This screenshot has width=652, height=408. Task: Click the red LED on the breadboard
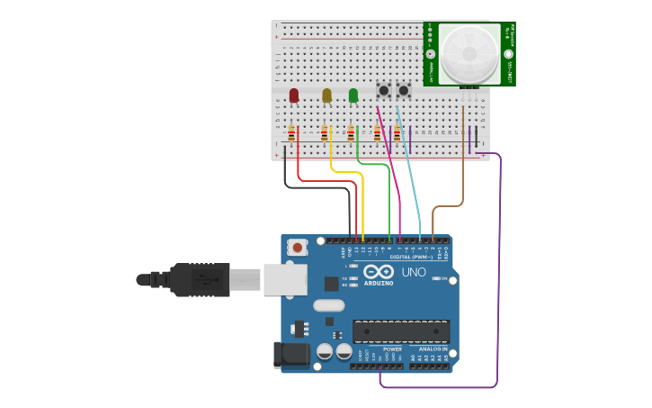pyautogui.click(x=294, y=95)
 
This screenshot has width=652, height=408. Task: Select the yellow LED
pyautogui.click(x=326, y=95)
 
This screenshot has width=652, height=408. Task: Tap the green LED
pyautogui.click(x=353, y=95)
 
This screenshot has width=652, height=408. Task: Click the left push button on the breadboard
pyautogui.click(x=384, y=90)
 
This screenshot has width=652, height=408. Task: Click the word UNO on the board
pyautogui.click(x=414, y=272)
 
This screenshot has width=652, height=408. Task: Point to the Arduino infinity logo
pyautogui.click(x=380, y=272)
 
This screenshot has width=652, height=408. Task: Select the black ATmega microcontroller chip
pyautogui.click(x=401, y=331)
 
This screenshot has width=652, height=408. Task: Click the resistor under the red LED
pyautogui.click(x=291, y=134)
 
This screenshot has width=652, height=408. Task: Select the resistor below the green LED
pyautogui.click(x=351, y=134)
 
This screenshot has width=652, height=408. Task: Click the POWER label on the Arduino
pyautogui.click(x=393, y=349)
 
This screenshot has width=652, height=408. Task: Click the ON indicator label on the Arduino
pyautogui.click(x=442, y=278)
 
